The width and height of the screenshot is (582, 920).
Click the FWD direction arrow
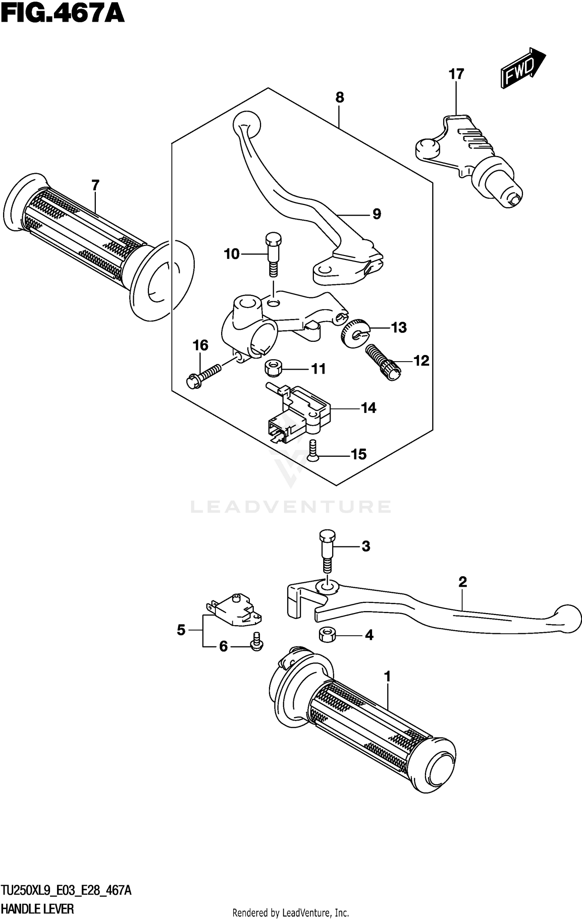pos(522,68)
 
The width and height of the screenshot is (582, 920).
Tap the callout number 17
pos(456,74)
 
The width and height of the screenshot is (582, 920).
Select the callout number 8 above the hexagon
pos(339,97)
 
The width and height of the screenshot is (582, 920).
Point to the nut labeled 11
pos(273,367)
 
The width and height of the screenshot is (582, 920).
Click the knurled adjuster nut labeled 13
pos(355,333)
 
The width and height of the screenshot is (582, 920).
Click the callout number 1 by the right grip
pos(387,677)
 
